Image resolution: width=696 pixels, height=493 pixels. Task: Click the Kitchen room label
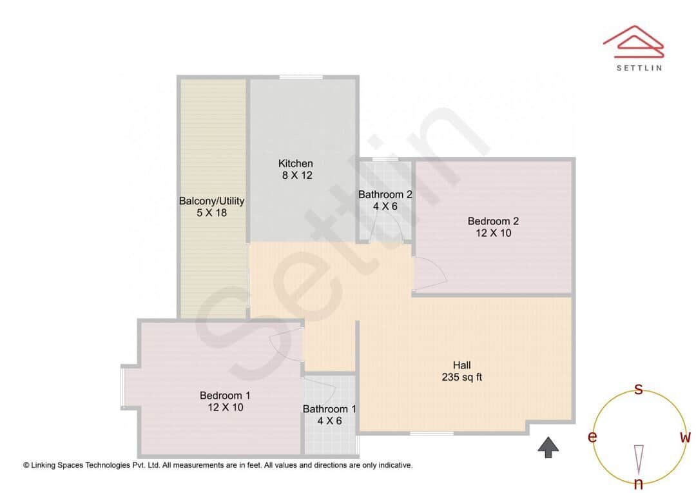click(295, 163)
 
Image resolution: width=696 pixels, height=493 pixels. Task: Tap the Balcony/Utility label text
click(211, 201)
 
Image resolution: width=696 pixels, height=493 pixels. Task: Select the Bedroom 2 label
click(493, 221)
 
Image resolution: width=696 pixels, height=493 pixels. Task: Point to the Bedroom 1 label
click(225, 396)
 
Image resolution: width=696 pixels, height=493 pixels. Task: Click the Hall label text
click(461, 365)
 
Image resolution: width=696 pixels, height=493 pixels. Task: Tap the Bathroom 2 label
click(385, 194)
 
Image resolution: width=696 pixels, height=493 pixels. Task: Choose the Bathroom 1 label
click(329, 409)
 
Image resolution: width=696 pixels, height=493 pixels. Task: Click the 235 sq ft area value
click(461, 377)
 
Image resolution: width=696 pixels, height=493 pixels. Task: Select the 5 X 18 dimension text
click(211, 212)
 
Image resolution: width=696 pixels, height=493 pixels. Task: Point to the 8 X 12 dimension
click(297, 175)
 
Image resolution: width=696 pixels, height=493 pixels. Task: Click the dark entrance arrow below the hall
click(548, 447)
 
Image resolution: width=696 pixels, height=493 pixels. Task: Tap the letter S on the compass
click(639, 389)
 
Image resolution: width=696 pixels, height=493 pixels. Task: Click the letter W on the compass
click(685, 438)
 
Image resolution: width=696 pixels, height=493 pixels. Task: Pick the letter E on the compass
click(592, 438)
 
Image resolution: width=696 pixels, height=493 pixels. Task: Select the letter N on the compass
click(639, 483)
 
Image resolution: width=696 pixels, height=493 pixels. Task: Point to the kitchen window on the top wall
click(300, 77)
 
